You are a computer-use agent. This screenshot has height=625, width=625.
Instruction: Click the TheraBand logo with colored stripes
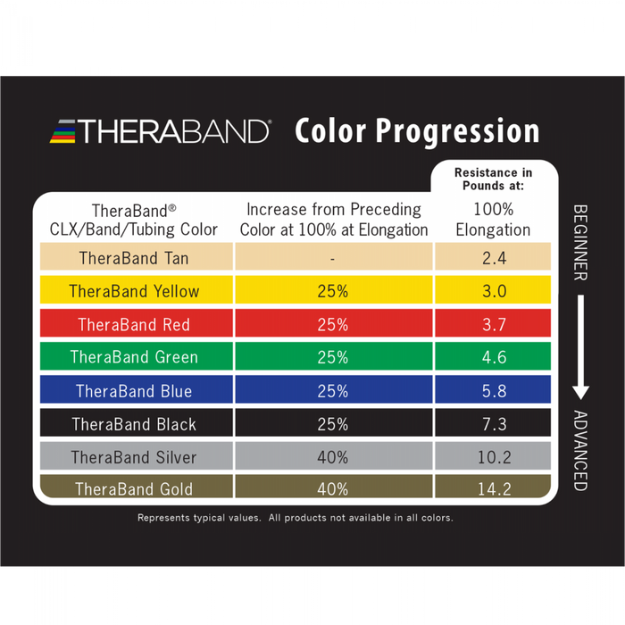click(160, 131)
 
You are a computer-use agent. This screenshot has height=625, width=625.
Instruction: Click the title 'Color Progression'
click(417, 131)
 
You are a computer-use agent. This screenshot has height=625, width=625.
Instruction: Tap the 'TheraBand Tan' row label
click(134, 258)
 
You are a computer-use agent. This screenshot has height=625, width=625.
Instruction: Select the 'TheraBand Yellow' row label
click(134, 291)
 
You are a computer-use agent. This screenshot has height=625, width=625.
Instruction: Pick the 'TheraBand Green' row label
click(134, 357)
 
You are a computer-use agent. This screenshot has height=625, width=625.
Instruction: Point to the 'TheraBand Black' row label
click(134, 424)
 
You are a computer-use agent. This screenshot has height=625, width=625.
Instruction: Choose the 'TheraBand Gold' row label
click(134, 489)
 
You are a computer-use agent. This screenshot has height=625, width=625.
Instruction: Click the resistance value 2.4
click(494, 258)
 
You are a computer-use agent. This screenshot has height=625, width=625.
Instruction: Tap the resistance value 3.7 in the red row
click(494, 324)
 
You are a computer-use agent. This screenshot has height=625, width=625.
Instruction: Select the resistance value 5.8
click(494, 391)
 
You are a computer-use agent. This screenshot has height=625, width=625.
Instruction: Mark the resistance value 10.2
click(494, 457)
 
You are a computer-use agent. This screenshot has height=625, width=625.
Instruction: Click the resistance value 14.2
click(494, 489)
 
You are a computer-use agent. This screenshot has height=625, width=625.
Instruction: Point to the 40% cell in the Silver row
click(332, 457)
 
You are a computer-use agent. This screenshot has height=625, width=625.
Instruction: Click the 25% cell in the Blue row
click(332, 391)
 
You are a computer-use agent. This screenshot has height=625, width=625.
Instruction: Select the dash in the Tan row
click(332, 259)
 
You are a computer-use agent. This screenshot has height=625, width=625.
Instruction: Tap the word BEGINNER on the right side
click(579, 242)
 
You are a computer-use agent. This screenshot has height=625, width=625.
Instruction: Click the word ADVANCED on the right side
click(579, 451)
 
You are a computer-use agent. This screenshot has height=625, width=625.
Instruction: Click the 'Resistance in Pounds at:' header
click(494, 179)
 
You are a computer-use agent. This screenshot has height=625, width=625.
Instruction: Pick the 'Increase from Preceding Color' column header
click(333, 219)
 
